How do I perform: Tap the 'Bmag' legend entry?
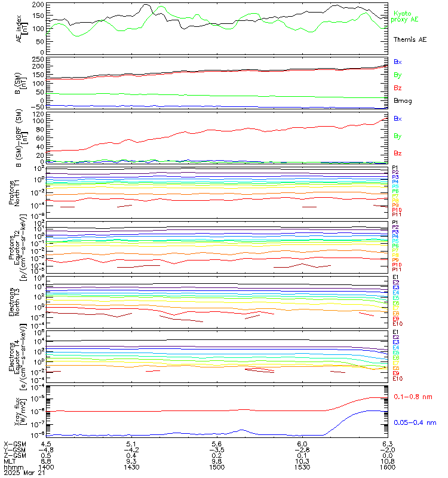pyautogui.click(x=401, y=100)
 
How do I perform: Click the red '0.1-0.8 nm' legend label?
pyautogui.click(x=414, y=397)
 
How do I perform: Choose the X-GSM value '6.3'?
pyautogui.click(x=387, y=444)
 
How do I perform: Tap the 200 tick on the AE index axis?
pyautogui.click(x=39, y=5)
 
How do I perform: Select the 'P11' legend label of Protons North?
pyautogui.click(x=396, y=215)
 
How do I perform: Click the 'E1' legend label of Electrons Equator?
pyautogui.click(x=395, y=332)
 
